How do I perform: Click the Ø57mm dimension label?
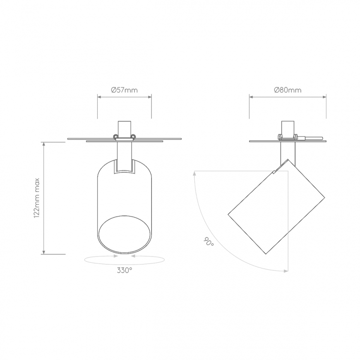[124, 90]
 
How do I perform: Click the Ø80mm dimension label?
[288, 90]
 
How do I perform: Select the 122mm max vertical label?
[37, 198]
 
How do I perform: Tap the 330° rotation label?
[125, 271]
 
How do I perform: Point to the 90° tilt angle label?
[209, 242]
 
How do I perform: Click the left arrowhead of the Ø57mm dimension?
[99, 97]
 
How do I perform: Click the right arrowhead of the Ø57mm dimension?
[149, 97]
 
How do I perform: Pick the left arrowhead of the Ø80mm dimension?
[251, 97]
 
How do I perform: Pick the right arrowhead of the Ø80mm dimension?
[324, 97]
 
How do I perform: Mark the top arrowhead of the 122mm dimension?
[44, 144]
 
